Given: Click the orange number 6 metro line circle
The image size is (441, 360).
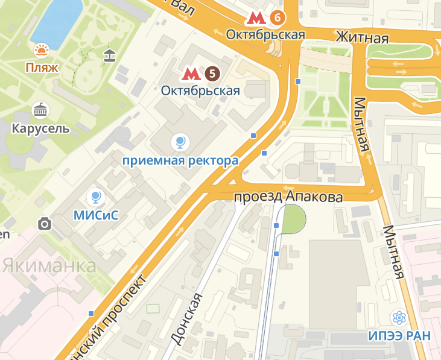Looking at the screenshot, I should coord(278,17).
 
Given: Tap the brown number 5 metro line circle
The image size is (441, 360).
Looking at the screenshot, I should coord(211,74).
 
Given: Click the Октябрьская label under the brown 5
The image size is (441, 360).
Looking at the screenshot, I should coord(201,91).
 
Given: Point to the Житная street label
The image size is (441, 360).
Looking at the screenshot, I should coord(362,38).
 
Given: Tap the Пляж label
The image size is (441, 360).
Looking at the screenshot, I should coord(42,67).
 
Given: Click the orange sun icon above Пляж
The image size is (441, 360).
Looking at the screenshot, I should coord(42,50).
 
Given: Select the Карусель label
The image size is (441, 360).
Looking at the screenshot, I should coord(40,128).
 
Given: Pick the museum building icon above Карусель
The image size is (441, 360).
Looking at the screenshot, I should coord(40,110).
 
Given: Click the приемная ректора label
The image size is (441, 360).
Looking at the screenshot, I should coord(180,160).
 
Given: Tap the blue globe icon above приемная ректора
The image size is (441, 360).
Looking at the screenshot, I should coord(180,142).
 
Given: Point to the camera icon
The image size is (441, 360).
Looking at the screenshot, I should coord(44,224).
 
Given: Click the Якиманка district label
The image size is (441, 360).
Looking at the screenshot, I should coord(49,265).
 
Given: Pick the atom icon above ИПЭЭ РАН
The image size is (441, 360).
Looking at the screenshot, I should coord(399,317).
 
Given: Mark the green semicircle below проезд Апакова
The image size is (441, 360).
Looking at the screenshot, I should coord(294,221).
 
